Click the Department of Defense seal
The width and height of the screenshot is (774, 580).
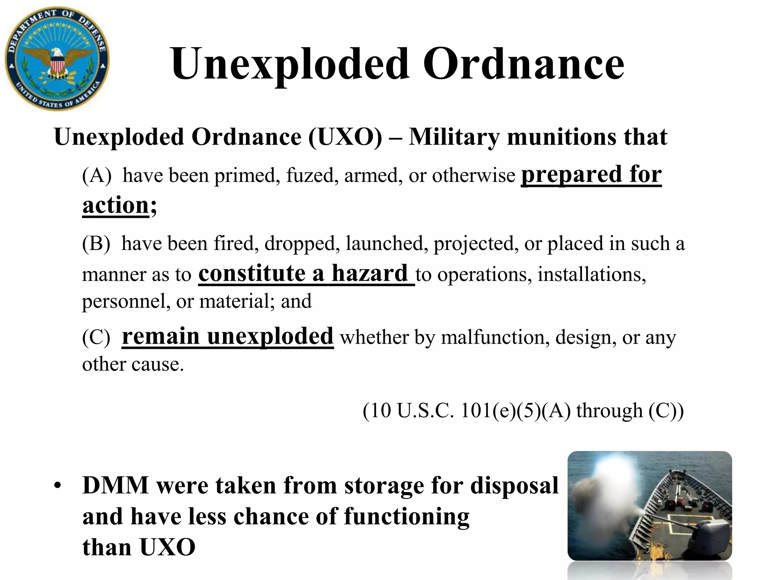pos(57,59)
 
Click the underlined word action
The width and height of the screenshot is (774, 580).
pos(116,205)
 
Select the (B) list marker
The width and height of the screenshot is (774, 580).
pos(96,244)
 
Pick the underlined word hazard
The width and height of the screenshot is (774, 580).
pos(369,273)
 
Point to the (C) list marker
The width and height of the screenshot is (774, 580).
pos(96,337)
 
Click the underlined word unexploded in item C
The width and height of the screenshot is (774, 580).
pos(270,336)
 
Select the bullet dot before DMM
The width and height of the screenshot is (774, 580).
pos(57,486)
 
